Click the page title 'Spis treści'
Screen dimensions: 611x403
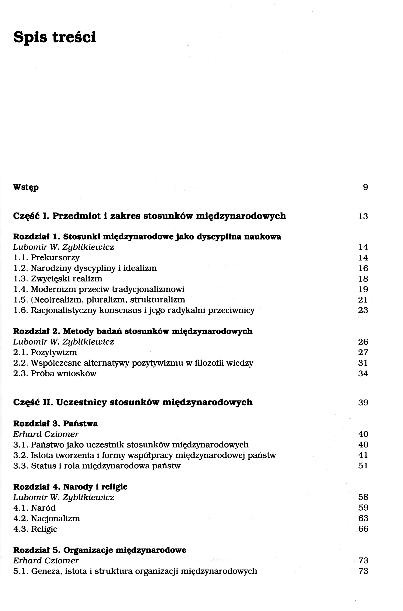click(55, 37)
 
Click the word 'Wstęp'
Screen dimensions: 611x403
click(26, 187)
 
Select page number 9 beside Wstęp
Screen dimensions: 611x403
click(365, 187)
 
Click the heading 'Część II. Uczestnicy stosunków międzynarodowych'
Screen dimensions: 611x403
click(133, 402)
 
